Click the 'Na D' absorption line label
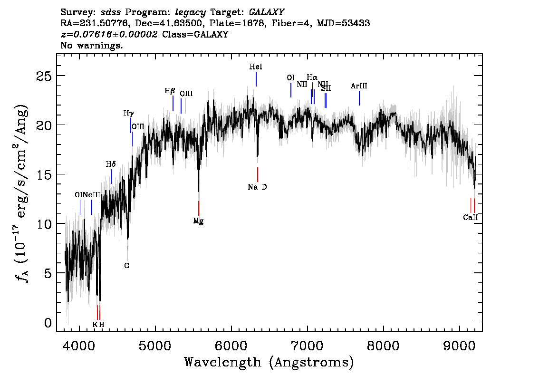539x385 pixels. pos(257,187)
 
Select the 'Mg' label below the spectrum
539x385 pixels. pos(198,221)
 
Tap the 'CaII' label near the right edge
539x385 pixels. pos(470,218)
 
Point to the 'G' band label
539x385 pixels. pos(127,266)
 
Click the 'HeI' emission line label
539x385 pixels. pos(256,67)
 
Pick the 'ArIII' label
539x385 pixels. pos(359,86)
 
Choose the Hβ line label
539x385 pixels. pos(170,91)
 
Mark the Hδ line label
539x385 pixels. pos(110,164)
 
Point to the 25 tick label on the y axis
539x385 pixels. pos(45,76)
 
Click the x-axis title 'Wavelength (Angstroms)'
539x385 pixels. pos(269,363)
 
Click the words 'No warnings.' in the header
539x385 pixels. pos(92,46)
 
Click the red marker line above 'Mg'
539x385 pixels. pos(199,208)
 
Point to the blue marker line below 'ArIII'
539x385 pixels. pos(359,98)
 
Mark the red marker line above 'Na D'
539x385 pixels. pos(258,174)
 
